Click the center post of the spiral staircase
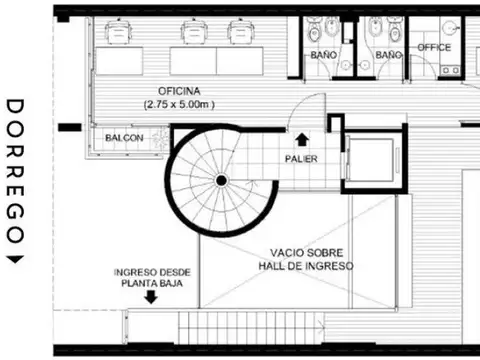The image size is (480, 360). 221,181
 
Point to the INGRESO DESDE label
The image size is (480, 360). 153,271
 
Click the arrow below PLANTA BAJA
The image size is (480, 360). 151,297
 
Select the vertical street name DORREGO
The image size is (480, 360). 15,170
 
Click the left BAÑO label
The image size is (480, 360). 323,54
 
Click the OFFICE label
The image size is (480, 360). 434,47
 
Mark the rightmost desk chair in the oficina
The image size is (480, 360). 239,33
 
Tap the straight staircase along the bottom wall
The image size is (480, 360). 250,325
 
